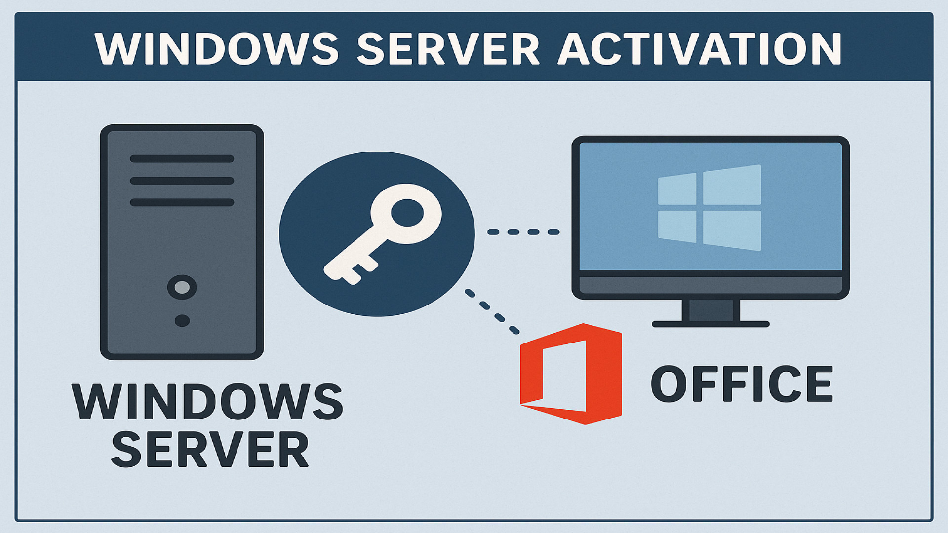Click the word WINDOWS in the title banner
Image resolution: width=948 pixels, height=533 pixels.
click(216, 49)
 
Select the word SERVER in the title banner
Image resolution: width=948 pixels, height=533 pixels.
click(448, 49)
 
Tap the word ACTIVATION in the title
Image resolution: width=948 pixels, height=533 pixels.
click(700, 49)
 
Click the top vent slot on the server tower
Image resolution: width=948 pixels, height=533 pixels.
click(182, 159)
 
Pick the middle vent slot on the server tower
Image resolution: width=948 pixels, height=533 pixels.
click(182, 181)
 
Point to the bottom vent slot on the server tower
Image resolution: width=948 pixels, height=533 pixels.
click(182, 202)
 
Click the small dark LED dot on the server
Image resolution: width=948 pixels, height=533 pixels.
click(182, 321)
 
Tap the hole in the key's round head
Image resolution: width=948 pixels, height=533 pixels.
click(407, 213)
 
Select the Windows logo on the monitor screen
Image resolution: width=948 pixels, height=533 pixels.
click(710, 208)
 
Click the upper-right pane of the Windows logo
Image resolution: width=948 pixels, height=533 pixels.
click(732, 186)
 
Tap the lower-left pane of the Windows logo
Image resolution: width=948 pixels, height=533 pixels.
click(677, 227)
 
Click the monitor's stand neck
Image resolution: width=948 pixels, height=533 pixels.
click(711, 310)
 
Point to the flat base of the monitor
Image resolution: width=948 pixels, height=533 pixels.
click(711, 324)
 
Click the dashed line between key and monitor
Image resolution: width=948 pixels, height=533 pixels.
click(523, 232)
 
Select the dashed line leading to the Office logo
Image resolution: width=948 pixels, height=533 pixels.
click(492, 312)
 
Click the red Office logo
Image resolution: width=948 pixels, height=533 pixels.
click(571, 374)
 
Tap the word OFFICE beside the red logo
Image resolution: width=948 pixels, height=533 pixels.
click(742, 384)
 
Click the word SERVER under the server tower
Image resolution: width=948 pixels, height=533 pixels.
click(210, 450)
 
